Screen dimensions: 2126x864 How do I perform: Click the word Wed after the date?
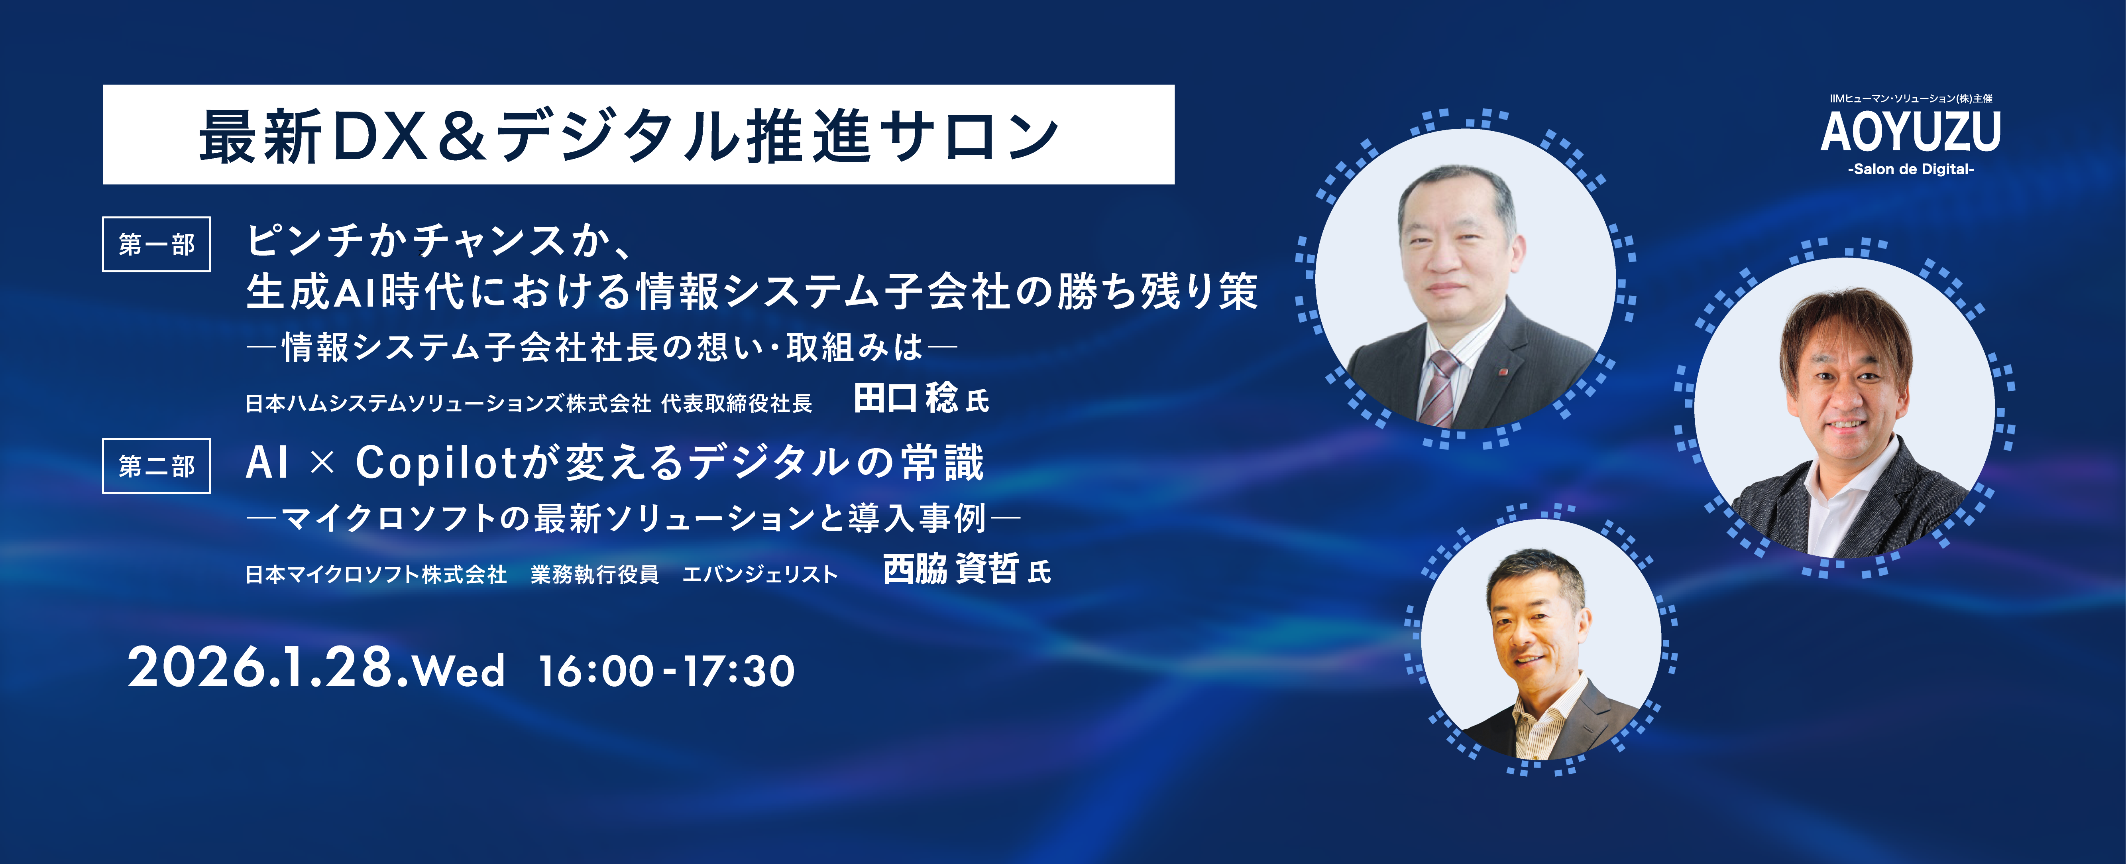459,671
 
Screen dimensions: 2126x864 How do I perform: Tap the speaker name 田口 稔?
906,399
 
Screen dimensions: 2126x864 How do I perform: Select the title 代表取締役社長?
737,403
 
